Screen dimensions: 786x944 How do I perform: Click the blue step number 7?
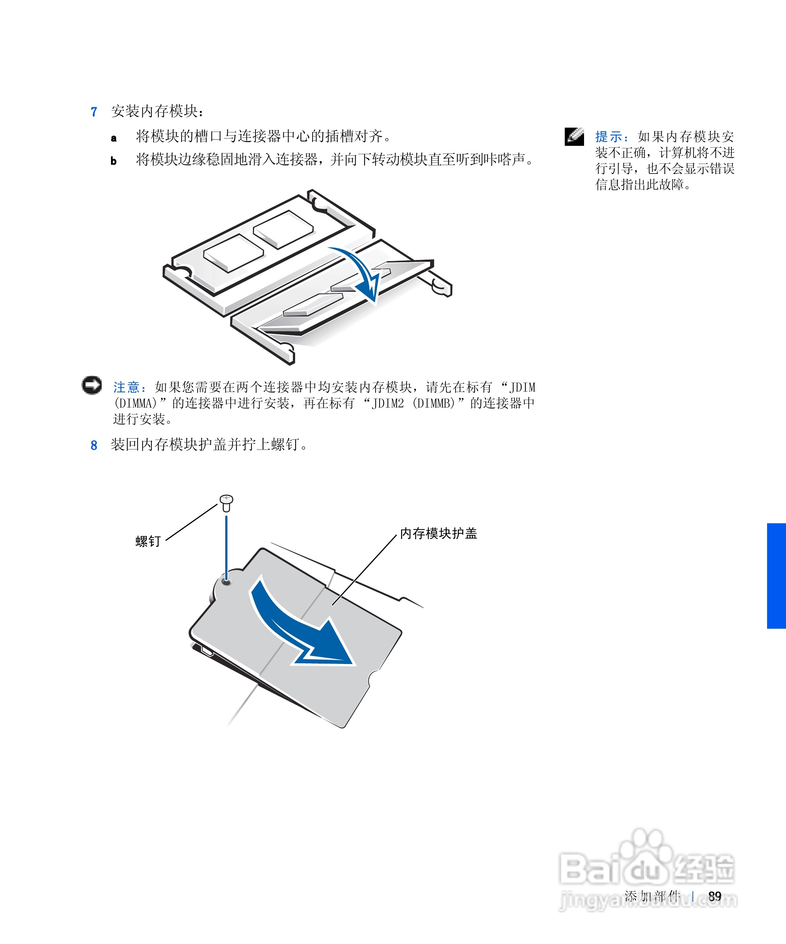(94, 112)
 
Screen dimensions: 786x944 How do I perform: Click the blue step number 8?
(94, 445)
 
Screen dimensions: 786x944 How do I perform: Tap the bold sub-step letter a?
(114, 138)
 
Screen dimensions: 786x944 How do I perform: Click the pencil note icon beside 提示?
(574, 137)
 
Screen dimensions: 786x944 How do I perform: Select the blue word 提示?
(608, 137)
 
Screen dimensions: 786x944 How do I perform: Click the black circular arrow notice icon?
(92, 385)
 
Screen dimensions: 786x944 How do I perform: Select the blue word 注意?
(126, 387)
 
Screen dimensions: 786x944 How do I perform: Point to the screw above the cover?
(226, 502)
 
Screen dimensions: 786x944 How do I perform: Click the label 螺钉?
(148, 541)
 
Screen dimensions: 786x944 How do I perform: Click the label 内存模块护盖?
(438, 533)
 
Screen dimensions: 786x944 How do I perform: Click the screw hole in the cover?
(226, 582)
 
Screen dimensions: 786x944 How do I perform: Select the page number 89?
(714, 896)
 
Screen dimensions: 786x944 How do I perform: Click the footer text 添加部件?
(652, 896)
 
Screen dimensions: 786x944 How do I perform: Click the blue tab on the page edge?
(776, 575)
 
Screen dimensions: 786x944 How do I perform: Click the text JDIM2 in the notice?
(388, 403)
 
